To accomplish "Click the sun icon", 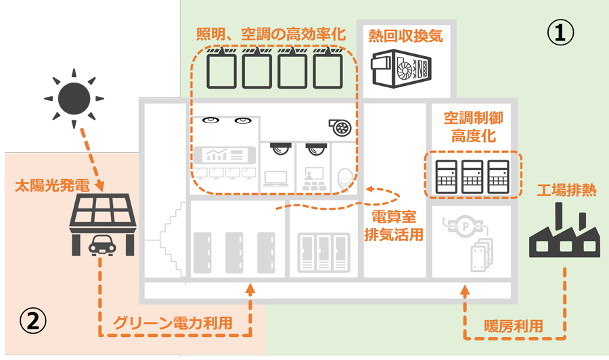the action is (74, 98).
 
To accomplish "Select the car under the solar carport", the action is (102, 245).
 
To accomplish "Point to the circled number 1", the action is (560, 32).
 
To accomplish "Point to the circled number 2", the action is (33, 321).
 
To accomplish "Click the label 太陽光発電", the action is (52, 185).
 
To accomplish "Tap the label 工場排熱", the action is (566, 190).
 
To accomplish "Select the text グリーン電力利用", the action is (173, 323).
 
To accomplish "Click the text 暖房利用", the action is (513, 326).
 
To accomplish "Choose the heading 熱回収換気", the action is (405, 36).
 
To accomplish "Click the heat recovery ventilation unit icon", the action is (401, 68).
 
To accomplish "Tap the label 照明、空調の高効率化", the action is (271, 35).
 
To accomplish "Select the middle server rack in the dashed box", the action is (472, 177).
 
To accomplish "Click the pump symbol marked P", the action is (466, 226).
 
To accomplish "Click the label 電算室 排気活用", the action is (393, 225).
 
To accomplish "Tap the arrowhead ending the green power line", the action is (250, 288).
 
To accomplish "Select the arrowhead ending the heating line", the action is (465, 290).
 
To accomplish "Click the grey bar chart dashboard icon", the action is (225, 155).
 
